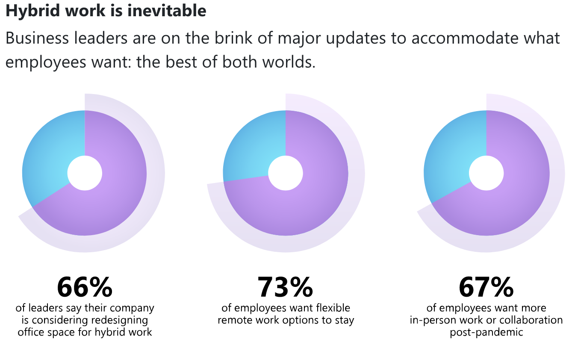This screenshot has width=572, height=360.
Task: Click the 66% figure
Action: [x=85, y=287]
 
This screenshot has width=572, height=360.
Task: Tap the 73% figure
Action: [x=285, y=287]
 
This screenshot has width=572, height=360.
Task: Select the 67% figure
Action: [x=486, y=287]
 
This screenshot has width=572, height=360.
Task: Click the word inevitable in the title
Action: [x=166, y=11]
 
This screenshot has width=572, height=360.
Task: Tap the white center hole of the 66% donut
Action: [x=85, y=173]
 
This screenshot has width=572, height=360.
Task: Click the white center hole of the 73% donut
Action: [x=286, y=173]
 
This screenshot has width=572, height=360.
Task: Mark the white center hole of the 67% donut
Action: [x=486, y=173]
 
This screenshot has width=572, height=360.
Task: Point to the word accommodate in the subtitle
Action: [x=465, y=38]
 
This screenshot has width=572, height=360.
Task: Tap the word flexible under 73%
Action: [x=333, y=308]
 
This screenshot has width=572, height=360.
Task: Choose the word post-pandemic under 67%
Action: [x=486, y=333]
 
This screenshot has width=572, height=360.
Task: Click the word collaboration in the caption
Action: [x=531, y=320]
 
